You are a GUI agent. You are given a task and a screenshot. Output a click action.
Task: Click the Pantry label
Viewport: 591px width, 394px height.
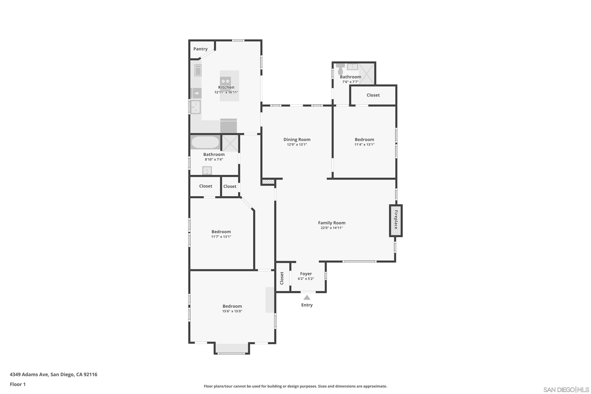pos(200,49)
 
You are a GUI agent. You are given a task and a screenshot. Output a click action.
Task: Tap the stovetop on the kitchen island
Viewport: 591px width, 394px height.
pos(225,81)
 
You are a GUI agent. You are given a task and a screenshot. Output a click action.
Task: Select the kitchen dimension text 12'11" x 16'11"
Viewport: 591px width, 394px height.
pos(226,92)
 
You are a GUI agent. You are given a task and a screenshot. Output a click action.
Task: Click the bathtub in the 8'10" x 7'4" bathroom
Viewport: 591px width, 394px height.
pos(205,142)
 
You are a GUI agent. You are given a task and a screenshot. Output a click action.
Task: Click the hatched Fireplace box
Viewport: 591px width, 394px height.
pos(396,221)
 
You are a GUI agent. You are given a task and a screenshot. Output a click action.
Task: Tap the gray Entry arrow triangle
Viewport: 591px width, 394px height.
pos(307,297)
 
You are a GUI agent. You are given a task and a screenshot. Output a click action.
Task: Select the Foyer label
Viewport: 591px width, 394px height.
pos(306,274)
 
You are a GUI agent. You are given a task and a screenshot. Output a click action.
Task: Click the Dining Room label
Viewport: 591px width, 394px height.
pos(297,139)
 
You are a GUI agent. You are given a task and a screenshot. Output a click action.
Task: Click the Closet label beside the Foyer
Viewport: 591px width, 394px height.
pos(282,278)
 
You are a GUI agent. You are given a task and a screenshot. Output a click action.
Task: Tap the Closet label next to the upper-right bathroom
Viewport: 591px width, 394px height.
pos(373,95)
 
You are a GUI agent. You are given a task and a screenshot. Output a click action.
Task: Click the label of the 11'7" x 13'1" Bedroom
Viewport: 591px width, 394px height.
pos(221,232)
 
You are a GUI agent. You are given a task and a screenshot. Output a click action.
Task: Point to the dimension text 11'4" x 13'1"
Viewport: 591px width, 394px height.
pos(364,144)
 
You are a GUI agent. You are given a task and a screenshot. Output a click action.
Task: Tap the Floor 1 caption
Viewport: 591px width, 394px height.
pos(18,384)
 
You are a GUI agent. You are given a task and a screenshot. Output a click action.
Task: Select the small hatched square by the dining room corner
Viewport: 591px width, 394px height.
pos(268,181)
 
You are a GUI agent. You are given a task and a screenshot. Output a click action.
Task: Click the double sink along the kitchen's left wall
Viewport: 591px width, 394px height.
pos(195,107)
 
